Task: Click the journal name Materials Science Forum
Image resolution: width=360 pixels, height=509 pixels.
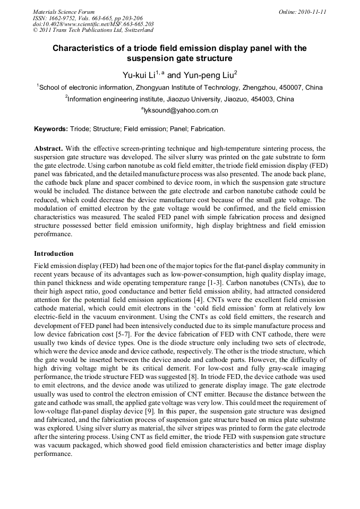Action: click(64, 12)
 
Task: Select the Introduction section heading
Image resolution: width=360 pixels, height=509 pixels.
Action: click(54, 254)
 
